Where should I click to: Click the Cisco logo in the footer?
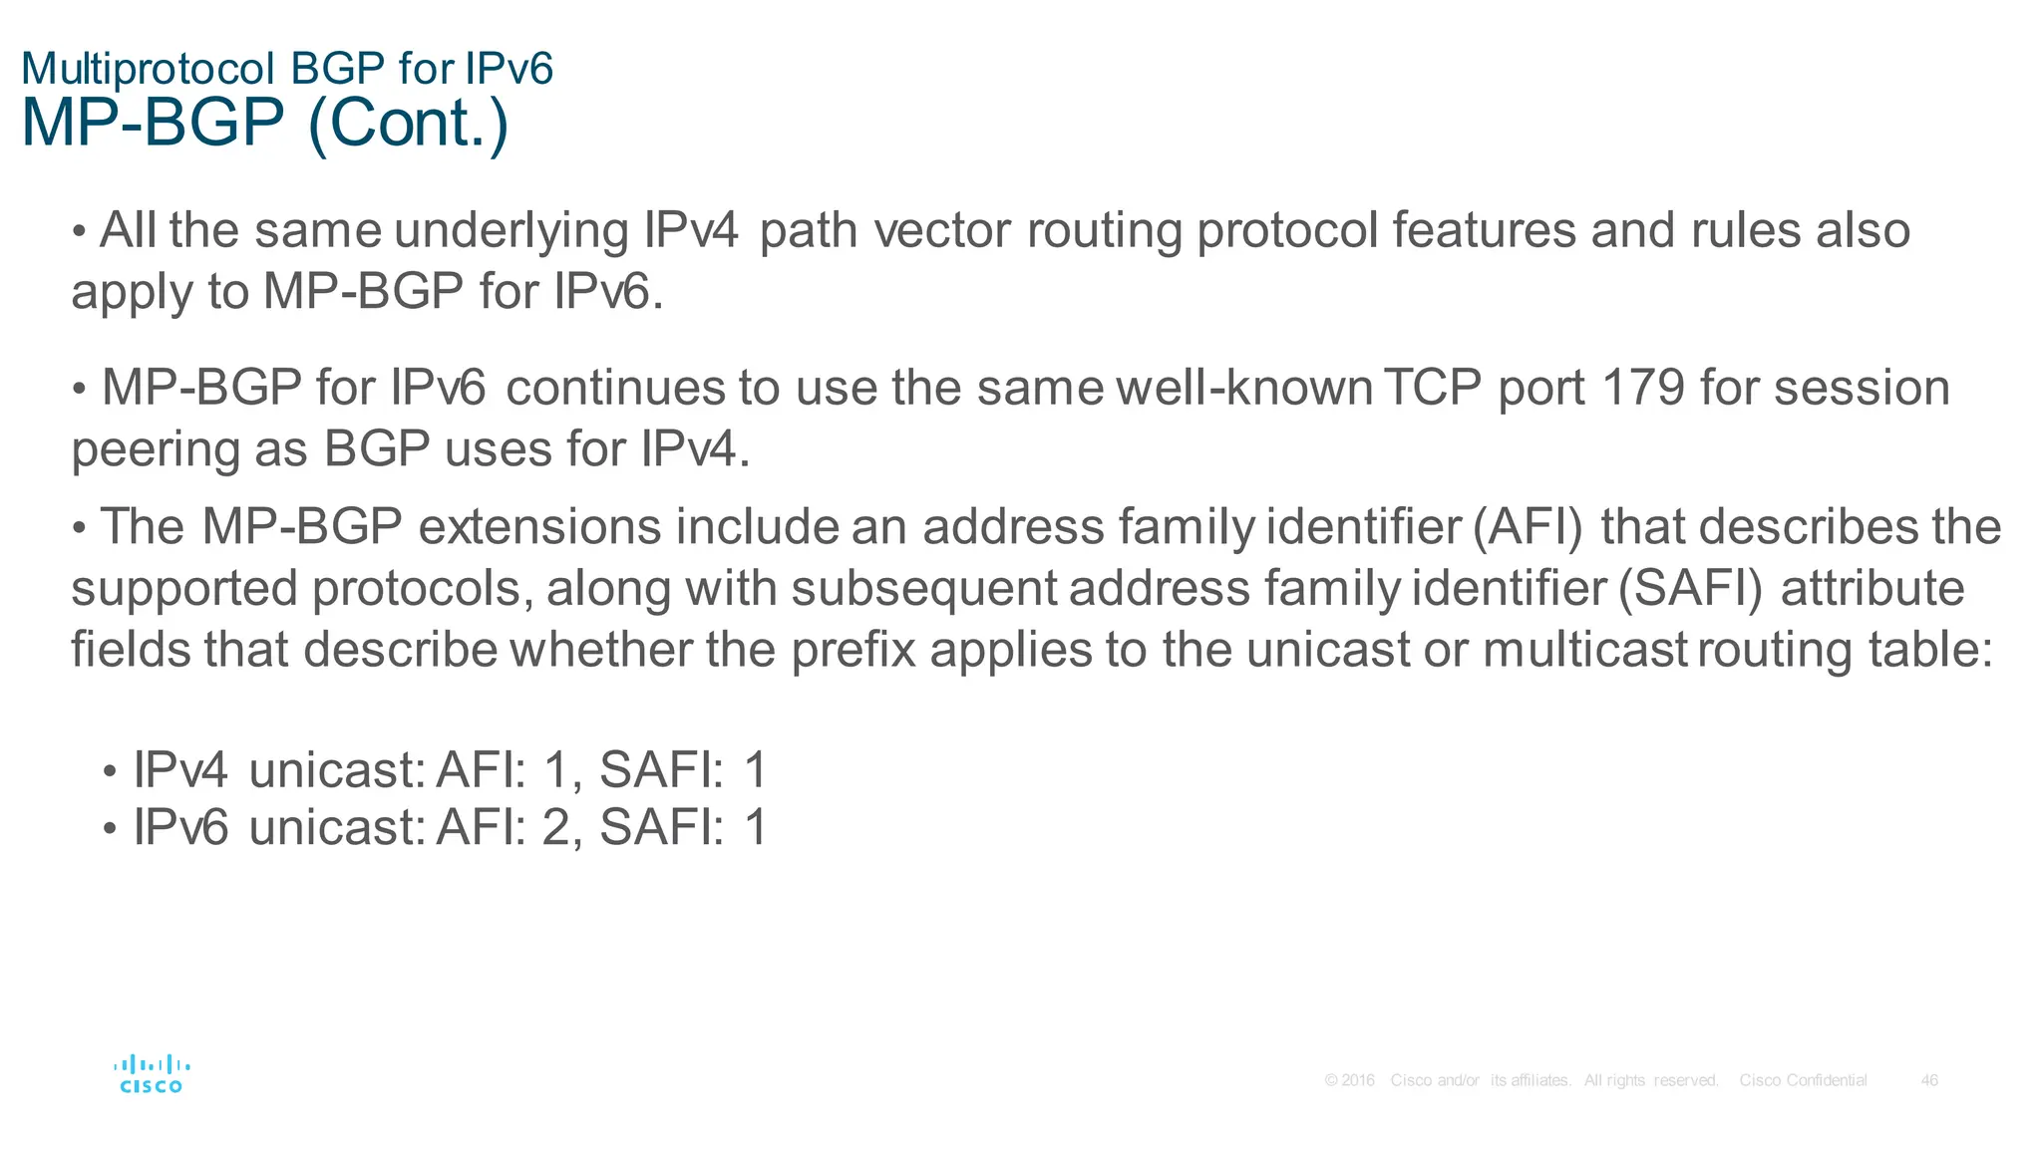click(x=152, y=1074)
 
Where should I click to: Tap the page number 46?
click(x=1929, y=1080)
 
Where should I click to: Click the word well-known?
click(x=1244, y=388)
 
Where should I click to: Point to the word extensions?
click(x=539, y=527)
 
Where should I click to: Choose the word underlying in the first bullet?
click(x=510, y=231)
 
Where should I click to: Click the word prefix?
click(x=853, y=650)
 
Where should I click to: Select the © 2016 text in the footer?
click(x=1349, y=1080)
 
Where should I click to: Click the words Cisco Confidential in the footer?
click(x=1803, y=1080)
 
